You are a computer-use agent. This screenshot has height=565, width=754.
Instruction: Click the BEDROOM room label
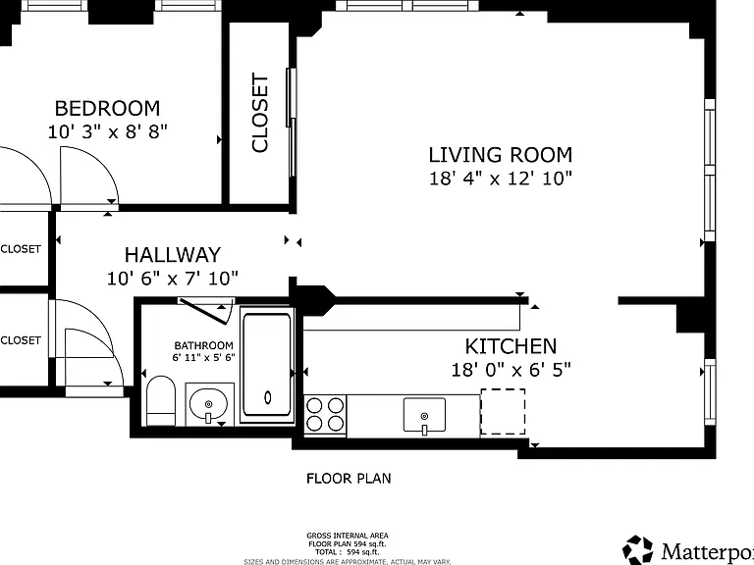click(107, 108)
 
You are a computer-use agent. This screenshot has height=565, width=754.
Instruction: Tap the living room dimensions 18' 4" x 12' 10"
click(501, 179)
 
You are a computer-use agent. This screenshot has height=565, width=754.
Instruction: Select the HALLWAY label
click(173, 255)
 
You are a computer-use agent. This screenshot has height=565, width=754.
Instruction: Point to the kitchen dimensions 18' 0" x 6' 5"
click(511, 370)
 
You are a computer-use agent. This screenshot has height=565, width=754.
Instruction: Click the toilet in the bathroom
click(161, 400)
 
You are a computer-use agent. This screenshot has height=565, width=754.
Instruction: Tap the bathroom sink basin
click(208, 403)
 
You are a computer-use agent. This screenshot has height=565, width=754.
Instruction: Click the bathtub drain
click(268, 397)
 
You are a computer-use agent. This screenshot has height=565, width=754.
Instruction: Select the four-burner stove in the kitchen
click(325, 415)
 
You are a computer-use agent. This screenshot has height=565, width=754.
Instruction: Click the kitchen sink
click(424, 415)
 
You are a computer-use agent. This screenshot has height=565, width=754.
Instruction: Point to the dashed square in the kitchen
click(503, 412)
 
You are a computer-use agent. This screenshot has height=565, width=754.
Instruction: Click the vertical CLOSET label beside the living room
click(259, 113)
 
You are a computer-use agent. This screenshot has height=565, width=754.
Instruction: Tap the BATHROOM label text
click(203, 345)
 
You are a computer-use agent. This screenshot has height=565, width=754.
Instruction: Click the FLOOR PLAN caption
click(349, 478)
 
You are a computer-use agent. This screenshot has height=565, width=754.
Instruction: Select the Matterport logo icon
click(637, 549)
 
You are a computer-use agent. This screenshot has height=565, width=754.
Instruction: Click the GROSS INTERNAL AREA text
click(348, 536)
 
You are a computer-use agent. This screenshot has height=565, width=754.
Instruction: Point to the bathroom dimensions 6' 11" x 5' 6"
click(203, 357)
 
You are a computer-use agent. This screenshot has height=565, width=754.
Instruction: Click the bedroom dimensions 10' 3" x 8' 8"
click(107, 131)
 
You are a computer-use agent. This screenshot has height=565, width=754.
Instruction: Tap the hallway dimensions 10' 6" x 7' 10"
click(173, 279)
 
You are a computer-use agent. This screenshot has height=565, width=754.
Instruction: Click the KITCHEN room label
click(511, 346)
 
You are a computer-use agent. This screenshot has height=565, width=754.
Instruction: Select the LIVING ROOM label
click(501, 155)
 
